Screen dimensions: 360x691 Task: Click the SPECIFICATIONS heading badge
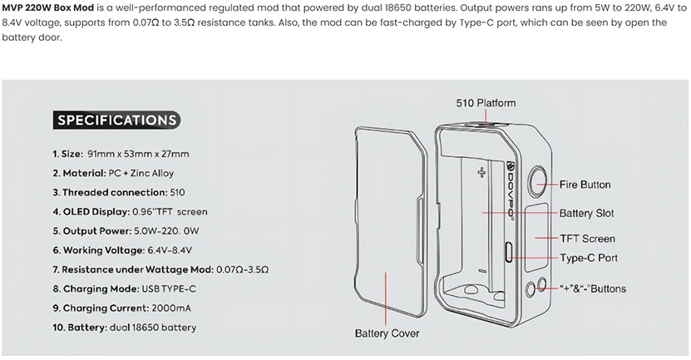coord(117,120)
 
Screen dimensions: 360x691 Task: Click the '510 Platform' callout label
coord(486,103)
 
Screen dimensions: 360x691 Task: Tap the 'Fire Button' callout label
coord(585,185)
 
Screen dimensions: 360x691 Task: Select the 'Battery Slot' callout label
coord(586,213)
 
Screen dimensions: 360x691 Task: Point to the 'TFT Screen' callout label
coord(587,239)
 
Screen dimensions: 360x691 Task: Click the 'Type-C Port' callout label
coord(589,258)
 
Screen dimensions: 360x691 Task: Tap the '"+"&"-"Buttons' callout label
coord(594,288)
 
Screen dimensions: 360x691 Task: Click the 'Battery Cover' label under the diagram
coord(387,333)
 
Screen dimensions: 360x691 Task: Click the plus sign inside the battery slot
coord(481,173)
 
